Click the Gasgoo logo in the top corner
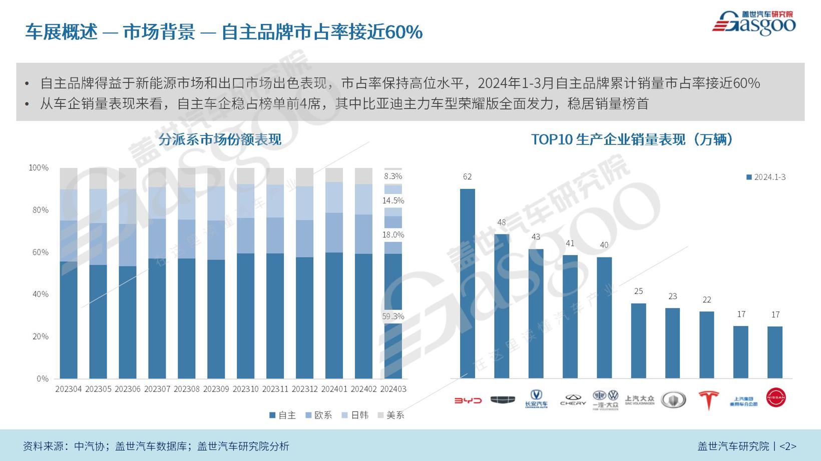754,23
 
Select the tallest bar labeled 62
468,283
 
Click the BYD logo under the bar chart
468,400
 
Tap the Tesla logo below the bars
708,400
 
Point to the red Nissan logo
776,397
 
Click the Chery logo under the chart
573,399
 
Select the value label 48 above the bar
502,222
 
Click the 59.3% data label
393,316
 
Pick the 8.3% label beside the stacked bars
393,176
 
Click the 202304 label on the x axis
69,389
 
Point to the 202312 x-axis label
304,389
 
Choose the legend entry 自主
283,415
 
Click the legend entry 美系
391,415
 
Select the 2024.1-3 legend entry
766,177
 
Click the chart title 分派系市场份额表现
220,139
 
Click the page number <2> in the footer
788,446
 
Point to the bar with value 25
638,340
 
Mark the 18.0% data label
393,234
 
